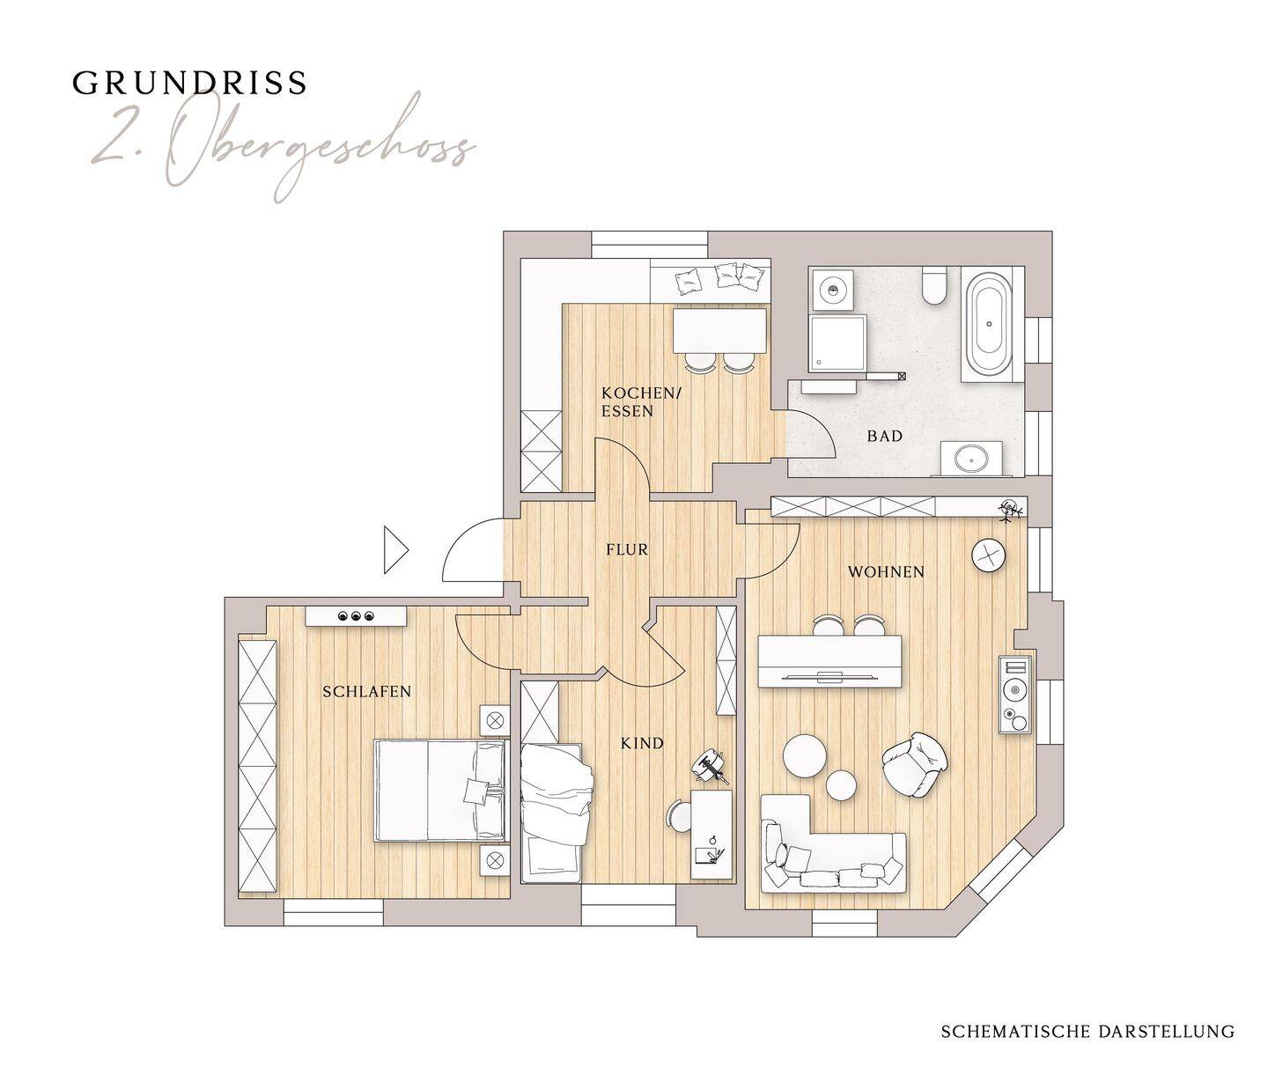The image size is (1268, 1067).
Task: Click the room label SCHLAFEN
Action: [x=367, y=691]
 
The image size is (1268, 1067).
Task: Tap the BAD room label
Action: [x=885, y=436]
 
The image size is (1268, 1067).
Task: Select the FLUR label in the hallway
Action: [x=627, y=549]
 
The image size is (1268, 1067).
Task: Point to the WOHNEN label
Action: [x=886, y=571]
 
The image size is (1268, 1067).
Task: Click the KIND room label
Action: [x=642, y=743]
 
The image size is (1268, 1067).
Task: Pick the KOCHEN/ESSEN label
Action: [x=641, y=401]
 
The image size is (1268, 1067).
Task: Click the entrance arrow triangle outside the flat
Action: [x=396, y=549]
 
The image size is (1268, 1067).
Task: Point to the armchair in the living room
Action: [x=915, y=764]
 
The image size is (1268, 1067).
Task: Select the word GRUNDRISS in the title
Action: [x=189, y=84]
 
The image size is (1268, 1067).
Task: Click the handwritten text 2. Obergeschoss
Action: [x=283, y=148]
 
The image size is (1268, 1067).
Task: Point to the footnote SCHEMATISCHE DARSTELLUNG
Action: [x=1087, y=997]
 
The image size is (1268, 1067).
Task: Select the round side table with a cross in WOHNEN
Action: [x=991, y=555]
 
